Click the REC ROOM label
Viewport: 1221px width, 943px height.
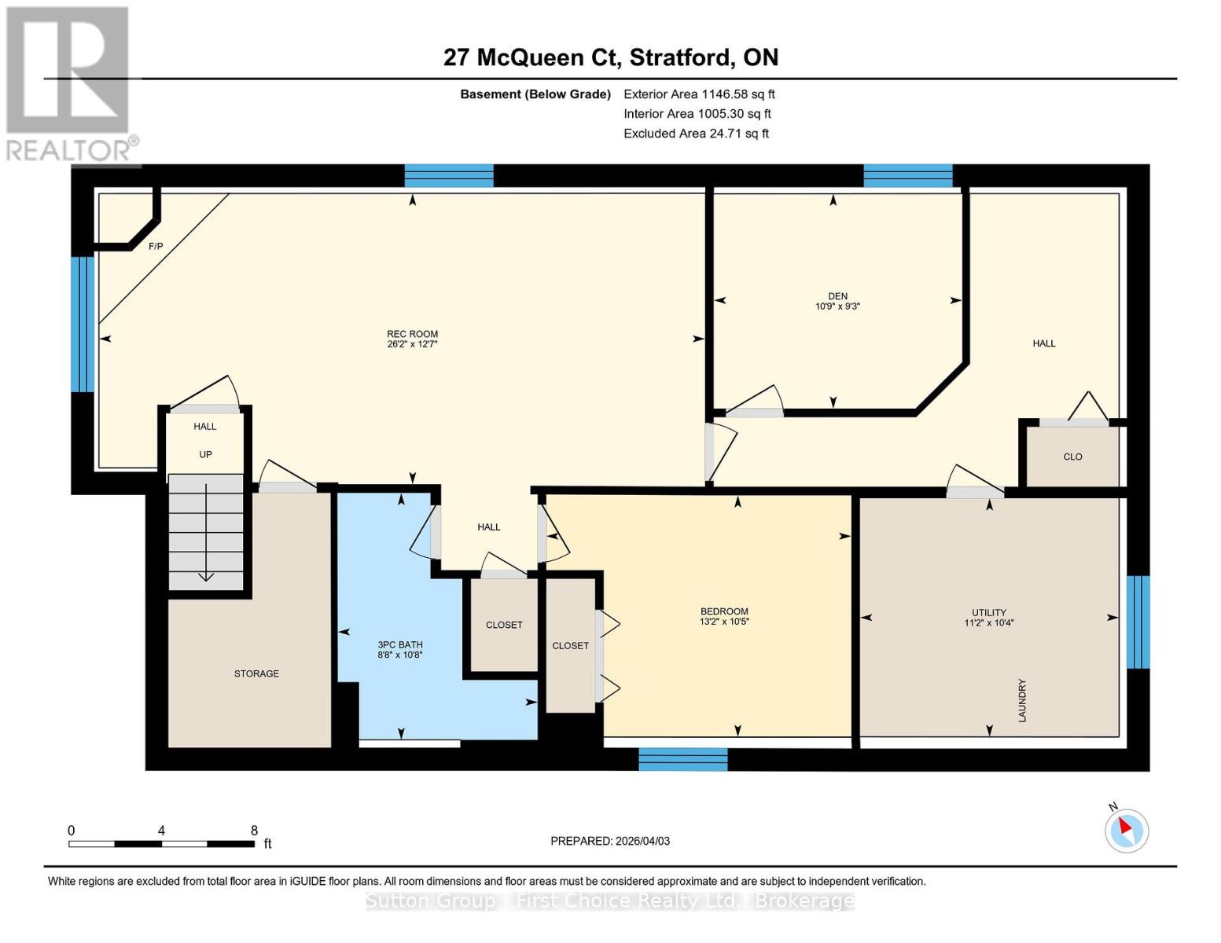[x=412, y=334]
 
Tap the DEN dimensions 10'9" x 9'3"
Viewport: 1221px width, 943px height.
[x=837, y=306]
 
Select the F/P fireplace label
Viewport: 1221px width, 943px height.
[x=156, y=247]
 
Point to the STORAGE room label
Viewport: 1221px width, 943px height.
[x=256, y=673]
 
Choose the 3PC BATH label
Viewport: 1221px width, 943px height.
[x=400, y=644]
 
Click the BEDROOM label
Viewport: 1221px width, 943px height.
[x=724, y=611]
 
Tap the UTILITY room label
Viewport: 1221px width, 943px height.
[x=989, y=612]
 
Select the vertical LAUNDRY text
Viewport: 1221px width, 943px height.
[x=1022, y=700]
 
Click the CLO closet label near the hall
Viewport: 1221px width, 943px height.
[x=1072, y=457]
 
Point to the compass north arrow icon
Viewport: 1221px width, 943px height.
[x=1127, y=830]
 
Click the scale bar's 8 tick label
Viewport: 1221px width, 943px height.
[x=254, y=831]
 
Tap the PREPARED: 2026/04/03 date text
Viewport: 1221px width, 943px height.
[x=610, y=841]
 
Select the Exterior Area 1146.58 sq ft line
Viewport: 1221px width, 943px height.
[x=699, y=94]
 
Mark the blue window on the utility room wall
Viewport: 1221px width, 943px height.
[x=1138, y=622]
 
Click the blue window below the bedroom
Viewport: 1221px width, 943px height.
[x=682, y=759]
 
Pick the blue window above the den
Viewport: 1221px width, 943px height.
[x=908, y=175]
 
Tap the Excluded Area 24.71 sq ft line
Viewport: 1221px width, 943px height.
[x=696, y=134]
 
